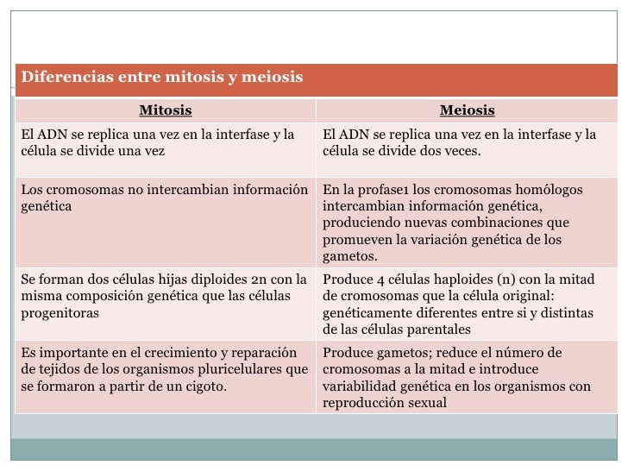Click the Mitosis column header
click(166, 110)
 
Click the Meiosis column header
click(467, 110)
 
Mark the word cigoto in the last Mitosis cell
click(205, 386)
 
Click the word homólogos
click(552, 190)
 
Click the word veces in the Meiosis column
click(460, 151)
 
